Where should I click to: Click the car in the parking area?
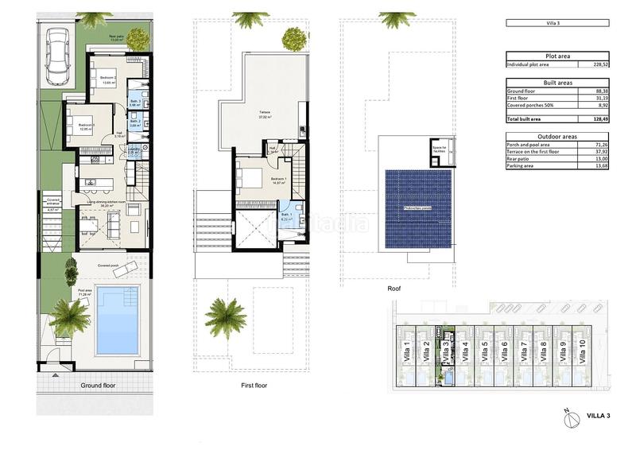[x=57, y=56]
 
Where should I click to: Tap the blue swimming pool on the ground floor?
[x=117, y=320]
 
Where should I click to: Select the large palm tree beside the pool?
[x=70, y=317]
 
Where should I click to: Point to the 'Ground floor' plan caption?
[x=98, y=386]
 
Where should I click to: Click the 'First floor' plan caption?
[x=254, y=386]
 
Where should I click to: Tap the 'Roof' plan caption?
[x=394, y=289]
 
